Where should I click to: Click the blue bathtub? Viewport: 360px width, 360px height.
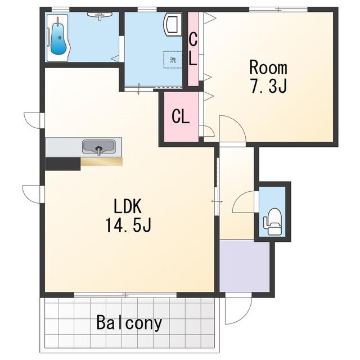58,39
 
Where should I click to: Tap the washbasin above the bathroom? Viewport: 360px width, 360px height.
100,15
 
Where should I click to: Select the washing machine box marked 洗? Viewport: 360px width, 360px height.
173,60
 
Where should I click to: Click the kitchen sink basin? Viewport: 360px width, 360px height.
99,147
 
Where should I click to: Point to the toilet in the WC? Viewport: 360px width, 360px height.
272,222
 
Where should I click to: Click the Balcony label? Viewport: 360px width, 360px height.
129,323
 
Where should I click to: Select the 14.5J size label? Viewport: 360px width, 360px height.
128,225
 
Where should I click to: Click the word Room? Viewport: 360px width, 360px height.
268,67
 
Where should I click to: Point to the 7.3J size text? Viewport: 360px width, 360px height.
269,86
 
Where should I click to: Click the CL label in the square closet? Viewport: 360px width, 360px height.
181,116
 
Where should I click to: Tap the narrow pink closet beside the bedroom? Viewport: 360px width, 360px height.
193,49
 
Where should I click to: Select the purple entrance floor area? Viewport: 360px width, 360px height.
245,266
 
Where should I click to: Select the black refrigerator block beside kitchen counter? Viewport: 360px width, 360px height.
63,164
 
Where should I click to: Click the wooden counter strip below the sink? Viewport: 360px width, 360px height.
101,161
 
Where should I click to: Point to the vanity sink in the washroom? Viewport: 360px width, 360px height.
173,24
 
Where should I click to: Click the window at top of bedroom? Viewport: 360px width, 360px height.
278,9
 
